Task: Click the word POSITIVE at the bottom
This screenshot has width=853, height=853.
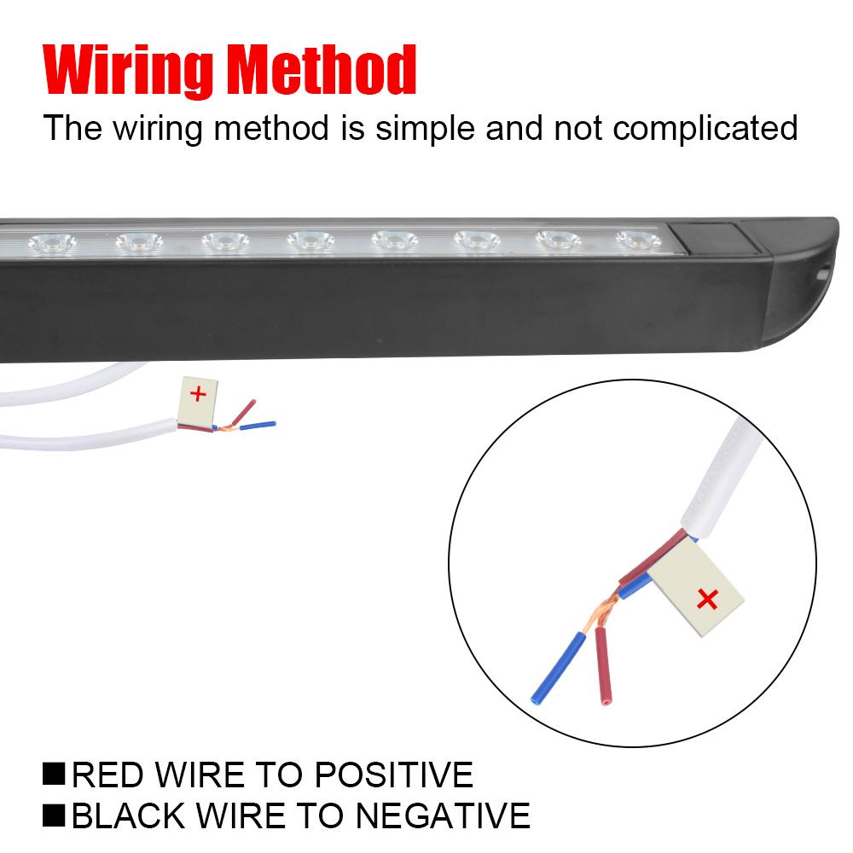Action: point(394,775)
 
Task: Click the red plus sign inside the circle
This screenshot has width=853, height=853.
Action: point(707,600)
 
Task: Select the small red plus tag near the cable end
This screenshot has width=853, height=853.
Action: point(198,394)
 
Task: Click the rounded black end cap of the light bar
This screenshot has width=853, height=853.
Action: point(798,281)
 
